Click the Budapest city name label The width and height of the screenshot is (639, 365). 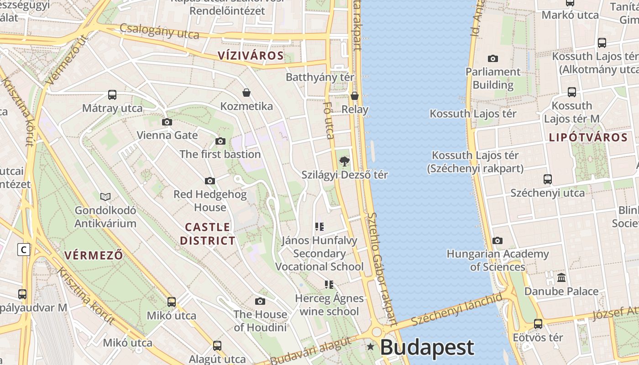[x=427, y=348]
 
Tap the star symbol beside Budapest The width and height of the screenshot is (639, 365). [x=370, y=347]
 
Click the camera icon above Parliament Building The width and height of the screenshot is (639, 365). [x=493, y=58]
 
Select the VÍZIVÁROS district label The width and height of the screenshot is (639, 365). [x=251, y=56]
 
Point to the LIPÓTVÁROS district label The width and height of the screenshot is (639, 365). [x=588, y=137]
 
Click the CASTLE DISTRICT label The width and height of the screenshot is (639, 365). [x=208, y=234]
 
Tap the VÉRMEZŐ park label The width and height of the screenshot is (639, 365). [x=94, y=255]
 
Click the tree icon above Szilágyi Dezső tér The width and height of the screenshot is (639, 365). [x=345, y=161]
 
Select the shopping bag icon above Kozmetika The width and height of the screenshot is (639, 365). [x=246, y=93]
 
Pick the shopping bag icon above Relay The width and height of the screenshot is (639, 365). [x=355, y=96]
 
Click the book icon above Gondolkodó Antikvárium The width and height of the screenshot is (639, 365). [x=105, y=197]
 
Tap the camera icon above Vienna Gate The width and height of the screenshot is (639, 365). [x=167, y=122]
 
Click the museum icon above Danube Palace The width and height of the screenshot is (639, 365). [x=561, y=277]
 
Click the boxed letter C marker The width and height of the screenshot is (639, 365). [x=24, y=250]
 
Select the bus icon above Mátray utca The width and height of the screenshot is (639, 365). [x=112, y=95]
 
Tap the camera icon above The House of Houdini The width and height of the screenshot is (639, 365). [x=260, y=301]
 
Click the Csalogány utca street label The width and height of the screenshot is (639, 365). [x=159, y=31]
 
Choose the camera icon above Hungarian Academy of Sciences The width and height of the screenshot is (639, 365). [x=498, y=240]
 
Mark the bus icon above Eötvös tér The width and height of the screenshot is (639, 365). [x=538, y=324]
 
